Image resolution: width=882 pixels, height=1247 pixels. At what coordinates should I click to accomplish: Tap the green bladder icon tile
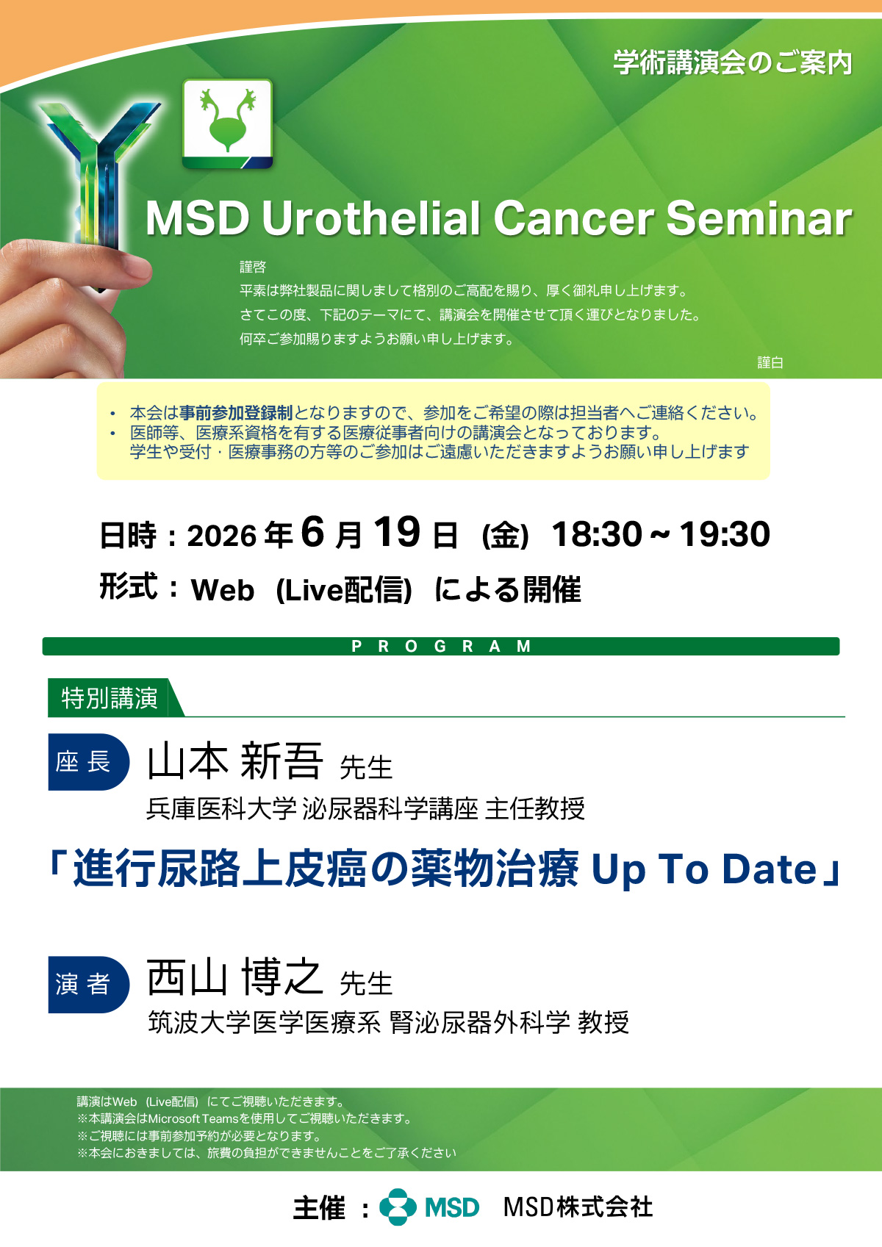pos(228,124)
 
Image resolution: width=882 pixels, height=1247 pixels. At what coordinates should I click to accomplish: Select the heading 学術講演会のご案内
pos(733,62)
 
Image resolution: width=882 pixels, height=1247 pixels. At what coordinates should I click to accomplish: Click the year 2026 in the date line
pos(221,536)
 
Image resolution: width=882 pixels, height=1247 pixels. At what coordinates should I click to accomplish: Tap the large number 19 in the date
pos(396,531)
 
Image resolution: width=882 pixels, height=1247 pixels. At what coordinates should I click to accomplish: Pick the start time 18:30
pos(596,534)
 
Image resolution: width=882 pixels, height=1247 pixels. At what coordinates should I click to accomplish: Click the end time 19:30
pos(725,534)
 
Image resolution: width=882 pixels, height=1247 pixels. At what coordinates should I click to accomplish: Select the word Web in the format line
pos(222,589)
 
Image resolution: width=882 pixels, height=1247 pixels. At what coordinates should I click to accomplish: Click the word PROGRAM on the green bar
pos(441,647)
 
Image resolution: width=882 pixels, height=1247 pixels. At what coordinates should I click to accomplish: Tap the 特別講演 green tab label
pos(110,698)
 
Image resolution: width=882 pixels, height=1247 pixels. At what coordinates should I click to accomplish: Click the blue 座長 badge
pos(88,762)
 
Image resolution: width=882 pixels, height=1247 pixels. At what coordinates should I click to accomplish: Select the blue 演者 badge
pos(88,985)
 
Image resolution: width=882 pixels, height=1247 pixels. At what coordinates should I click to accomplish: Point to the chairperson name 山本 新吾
pos(234,761)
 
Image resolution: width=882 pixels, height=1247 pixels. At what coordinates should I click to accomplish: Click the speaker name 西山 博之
pos(234,978)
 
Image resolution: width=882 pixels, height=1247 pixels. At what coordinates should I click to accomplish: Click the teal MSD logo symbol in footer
pos(398,1207)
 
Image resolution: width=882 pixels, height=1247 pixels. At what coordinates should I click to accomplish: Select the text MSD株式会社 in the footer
pos(578,1207)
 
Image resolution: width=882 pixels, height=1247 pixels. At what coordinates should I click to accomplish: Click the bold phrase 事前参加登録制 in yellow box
pos(236,412)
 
